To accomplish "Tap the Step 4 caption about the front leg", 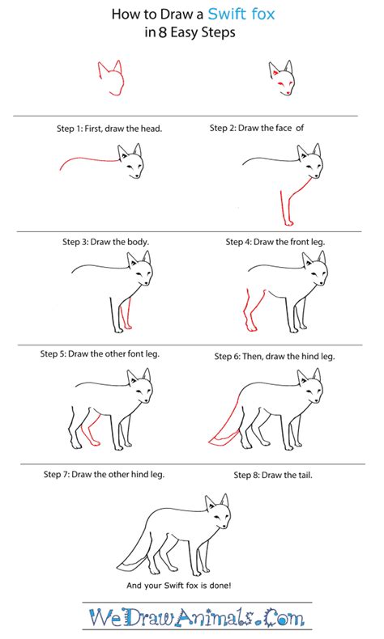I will [275, 241].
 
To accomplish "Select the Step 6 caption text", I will [274, 356].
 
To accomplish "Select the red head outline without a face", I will [109, 78].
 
